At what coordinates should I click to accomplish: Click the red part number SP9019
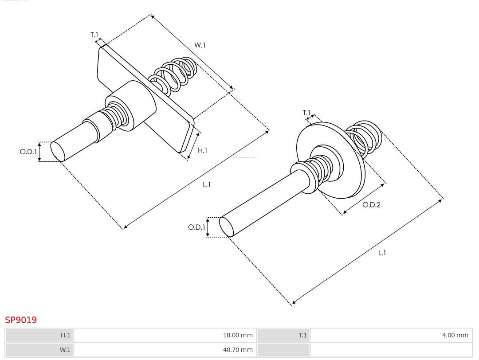(x=21, y=320)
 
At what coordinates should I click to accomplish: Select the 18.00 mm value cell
(x=237, y=335)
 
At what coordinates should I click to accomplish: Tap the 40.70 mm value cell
(x=237, y=350)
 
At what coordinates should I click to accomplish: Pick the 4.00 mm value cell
(x=455, y=335)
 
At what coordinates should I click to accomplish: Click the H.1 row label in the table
(x=65, y=335)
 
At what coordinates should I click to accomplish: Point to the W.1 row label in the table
(x=65, y=350)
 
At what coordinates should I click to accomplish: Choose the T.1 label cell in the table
(x=302, y=335)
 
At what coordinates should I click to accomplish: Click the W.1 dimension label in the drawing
(x=200, y=45)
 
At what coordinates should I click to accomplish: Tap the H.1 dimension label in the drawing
(x=202, y=150)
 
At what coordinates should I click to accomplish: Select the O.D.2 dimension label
(x=371, y=205)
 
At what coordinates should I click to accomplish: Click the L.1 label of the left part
(x=207, y=184)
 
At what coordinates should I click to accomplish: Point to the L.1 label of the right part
(x=382, y=253)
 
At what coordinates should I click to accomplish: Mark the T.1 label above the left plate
(x=94, y=35)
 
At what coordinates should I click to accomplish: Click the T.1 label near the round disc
(x=306, y=113)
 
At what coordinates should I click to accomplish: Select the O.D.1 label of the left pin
(x=28, y=152)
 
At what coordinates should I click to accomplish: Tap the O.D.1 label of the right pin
(x=196, y=227)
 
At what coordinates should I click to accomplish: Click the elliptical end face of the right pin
(x=227, y=227)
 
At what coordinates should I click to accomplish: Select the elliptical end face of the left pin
(x=58, y=151)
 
